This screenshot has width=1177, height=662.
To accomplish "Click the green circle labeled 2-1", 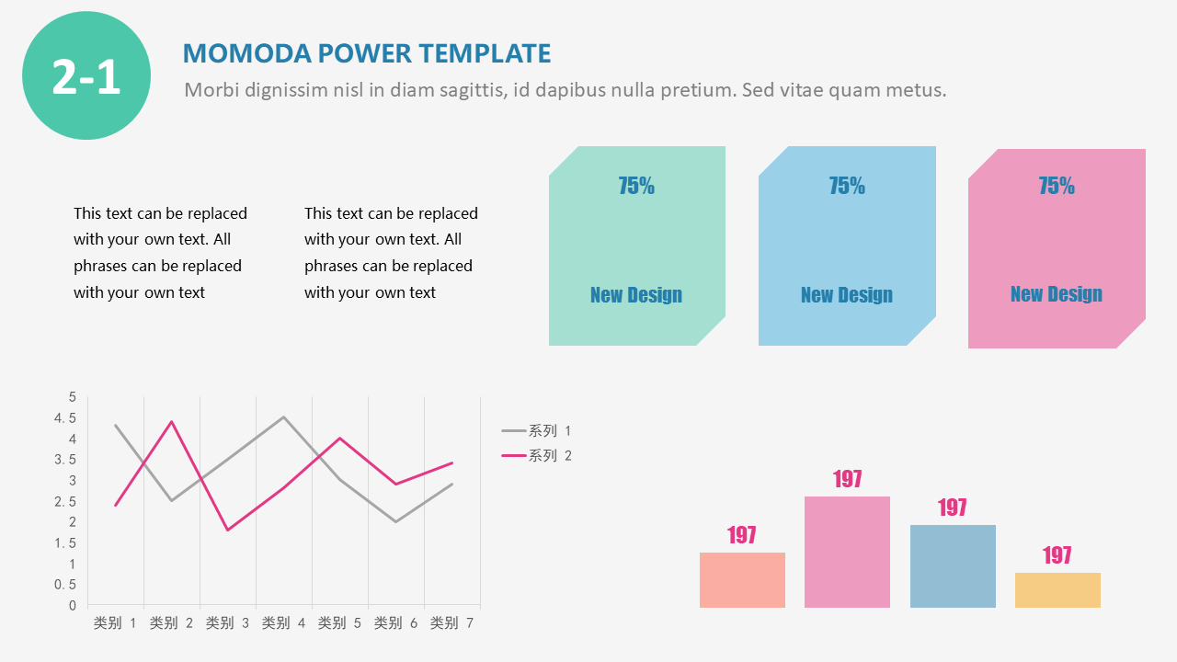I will (x=86, y=76).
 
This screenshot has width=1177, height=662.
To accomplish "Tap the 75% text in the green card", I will (x=636, y=186).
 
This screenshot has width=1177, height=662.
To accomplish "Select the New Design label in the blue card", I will (x=846, y=295).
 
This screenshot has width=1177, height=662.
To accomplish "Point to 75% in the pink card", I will (x=1057, y=186).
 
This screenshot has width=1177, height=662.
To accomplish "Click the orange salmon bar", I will (x=742, y=580).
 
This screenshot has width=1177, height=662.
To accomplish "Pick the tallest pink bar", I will (x=847, y=552).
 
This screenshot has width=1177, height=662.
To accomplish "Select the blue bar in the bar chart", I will (x=953, y=566).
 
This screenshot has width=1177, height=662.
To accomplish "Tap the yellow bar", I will (x=1057, y=590).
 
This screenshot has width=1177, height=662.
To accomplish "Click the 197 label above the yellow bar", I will (x=1057, y=555).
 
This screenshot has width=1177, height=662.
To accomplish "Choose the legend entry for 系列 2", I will (x=538, y=455).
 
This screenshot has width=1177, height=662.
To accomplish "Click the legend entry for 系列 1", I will (x=538, y=430).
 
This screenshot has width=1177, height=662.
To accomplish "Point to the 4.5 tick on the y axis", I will (x=65, y=418).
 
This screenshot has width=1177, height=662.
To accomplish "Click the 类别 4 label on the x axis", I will (x=283, y=623).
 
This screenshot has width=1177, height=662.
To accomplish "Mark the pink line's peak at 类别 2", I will (x=172, y=422).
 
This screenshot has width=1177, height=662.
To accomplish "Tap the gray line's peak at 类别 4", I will (x=283, y=417).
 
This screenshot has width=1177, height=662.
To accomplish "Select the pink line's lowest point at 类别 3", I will (x=228, y=530).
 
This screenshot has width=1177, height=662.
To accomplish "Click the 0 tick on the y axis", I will (x=73, y=606).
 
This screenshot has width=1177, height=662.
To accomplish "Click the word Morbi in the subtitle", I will (x=209, y=90).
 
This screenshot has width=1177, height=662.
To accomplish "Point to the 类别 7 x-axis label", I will (x=451, y=623).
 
